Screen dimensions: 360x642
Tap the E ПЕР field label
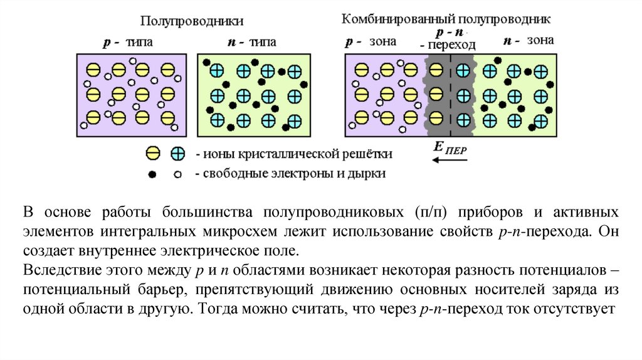449,149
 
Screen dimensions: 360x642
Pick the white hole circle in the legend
177,174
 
